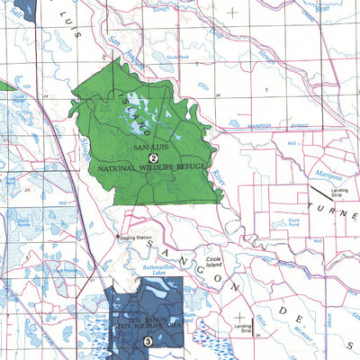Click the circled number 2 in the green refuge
click(x=153, y=157)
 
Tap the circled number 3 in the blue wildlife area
click(x=147, y=341)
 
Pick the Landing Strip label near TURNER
click(x=339, y=193)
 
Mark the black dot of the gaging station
click(x=116, y=238)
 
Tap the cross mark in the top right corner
click(x=234, y=13)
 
